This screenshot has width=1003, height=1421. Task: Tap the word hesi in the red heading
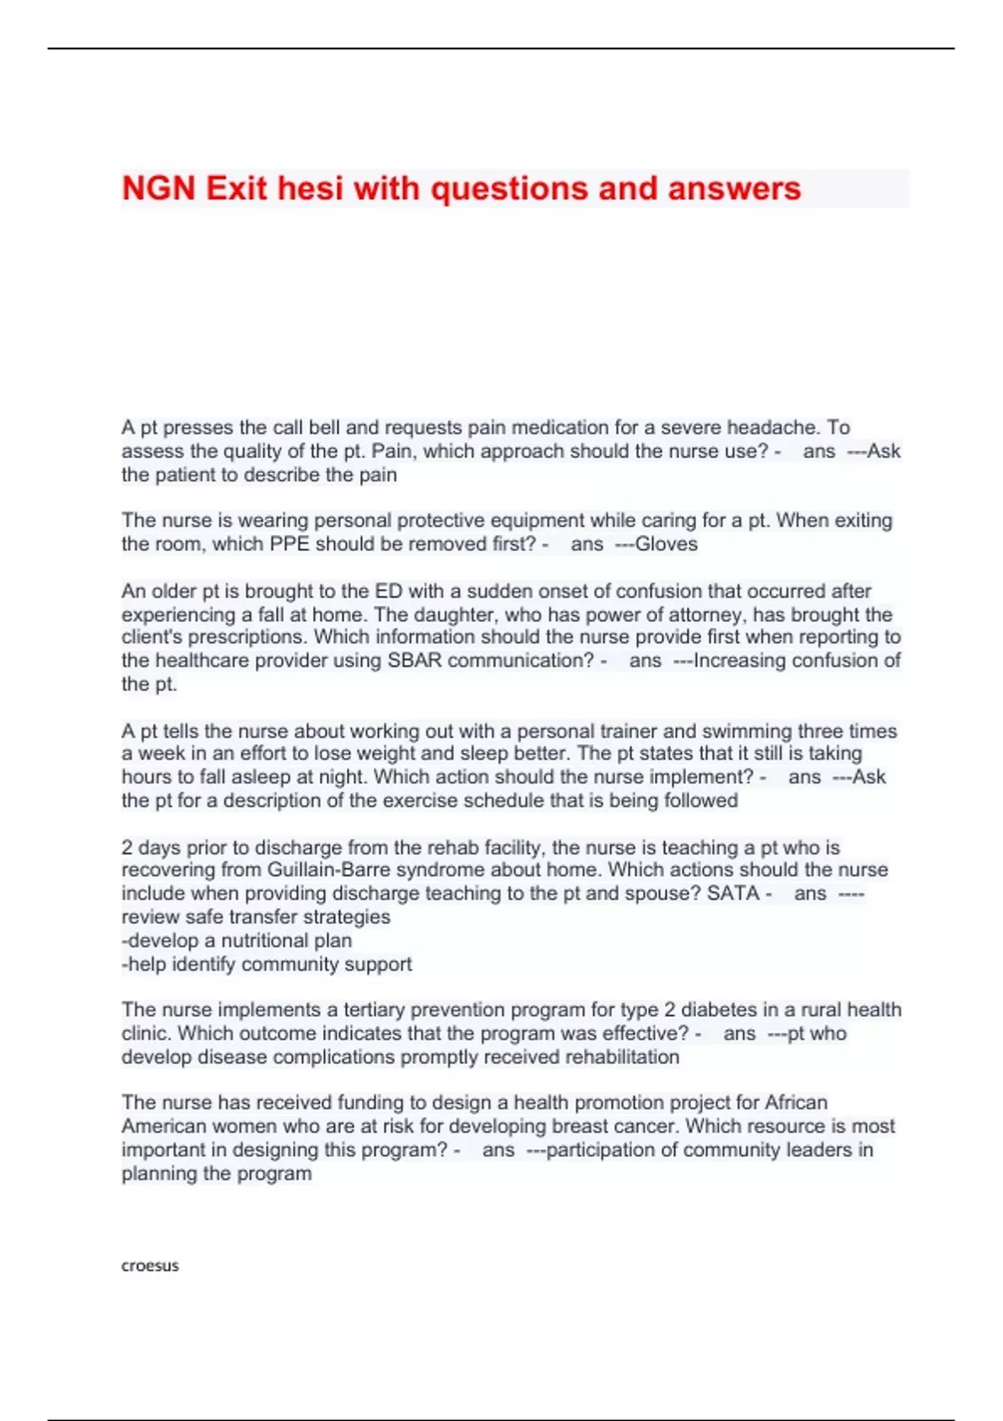311,189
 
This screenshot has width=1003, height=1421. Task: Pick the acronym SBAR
415,660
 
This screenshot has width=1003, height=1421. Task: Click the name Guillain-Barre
328,870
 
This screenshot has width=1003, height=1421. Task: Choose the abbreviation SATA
732,894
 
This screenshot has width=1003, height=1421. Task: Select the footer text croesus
150,1266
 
